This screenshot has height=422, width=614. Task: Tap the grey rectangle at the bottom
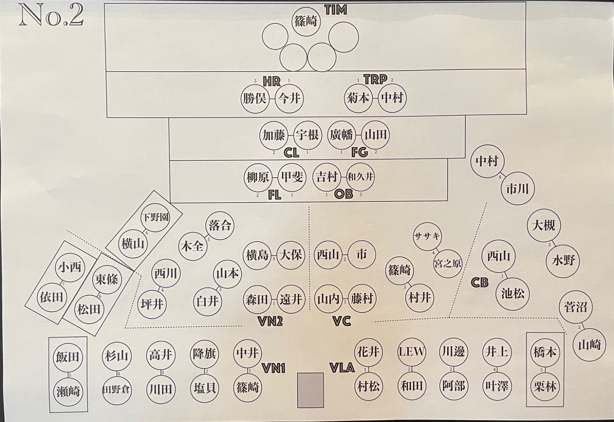[x=310, y=390]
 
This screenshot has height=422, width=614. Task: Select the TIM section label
[x=335, y=10]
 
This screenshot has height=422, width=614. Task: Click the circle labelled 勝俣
[x=254, y=98]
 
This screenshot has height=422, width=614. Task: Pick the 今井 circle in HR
[x=289, y=98]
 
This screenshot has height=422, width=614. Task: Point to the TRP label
[x=375, y=79]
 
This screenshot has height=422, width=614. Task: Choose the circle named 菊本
[x=358, y=98]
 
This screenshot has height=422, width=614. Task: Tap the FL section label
[x=274, y=195]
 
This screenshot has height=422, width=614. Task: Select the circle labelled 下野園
[x=155, y=217]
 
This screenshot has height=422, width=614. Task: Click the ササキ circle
[x=427, y=236]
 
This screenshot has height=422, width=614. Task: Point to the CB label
[x=479, y=283]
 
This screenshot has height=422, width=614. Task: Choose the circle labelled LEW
[x=412, y=352]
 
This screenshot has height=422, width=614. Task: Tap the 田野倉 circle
[x=116, y=389]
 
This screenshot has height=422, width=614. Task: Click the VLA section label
[x=342, y=368]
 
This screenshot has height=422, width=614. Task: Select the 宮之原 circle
[x=447, y=264]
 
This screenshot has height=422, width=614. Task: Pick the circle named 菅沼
[x=576, y=307]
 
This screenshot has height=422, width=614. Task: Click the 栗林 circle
[x=545, y=386]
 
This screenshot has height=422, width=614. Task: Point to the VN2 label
[x=271, y=321]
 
